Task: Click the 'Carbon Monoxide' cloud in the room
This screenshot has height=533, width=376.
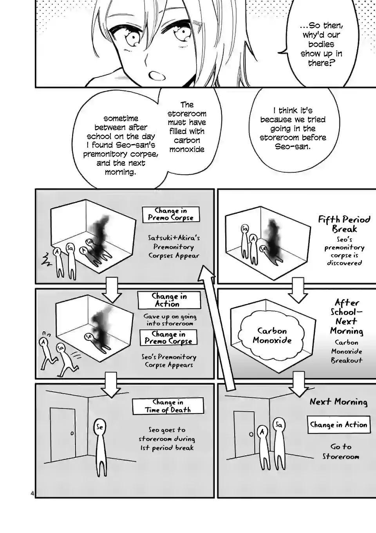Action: click(x=272, y=335)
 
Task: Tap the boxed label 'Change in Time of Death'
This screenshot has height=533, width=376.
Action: click(x=168, y=406)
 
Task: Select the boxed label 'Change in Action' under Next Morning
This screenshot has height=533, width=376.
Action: click(x=338, y=425)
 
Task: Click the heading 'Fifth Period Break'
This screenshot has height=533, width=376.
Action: click(x=344, y=224)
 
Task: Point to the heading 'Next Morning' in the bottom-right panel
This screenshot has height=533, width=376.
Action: click(x=338, y=402)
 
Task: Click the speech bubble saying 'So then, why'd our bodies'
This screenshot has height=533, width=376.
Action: click(x=321, y=44)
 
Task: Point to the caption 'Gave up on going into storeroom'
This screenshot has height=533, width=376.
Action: click(x=170, y=320)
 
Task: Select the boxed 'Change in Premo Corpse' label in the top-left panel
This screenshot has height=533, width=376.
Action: click(x=170, y=214)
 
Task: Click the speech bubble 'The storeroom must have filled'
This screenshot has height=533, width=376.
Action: click(x=187, y=127)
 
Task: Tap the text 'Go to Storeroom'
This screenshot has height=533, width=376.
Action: click(x=341, y=451)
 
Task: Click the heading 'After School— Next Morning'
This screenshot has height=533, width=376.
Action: click(x=346, y=316)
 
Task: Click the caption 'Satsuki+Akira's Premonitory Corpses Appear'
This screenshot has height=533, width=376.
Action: click(x=174, y=247)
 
